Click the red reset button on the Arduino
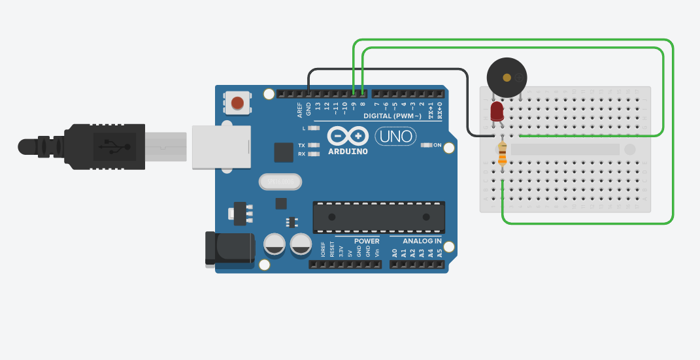[237, 103]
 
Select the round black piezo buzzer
[507, 78]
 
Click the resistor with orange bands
[502, 154]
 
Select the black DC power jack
[229, 248]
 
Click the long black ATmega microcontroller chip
[378, 217]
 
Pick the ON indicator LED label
[437, 145]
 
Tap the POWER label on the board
[366, 241]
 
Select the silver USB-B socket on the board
[221, 147]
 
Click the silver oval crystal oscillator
[280, 181]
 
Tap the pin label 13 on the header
[318, 106]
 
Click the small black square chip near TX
[284, 152]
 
